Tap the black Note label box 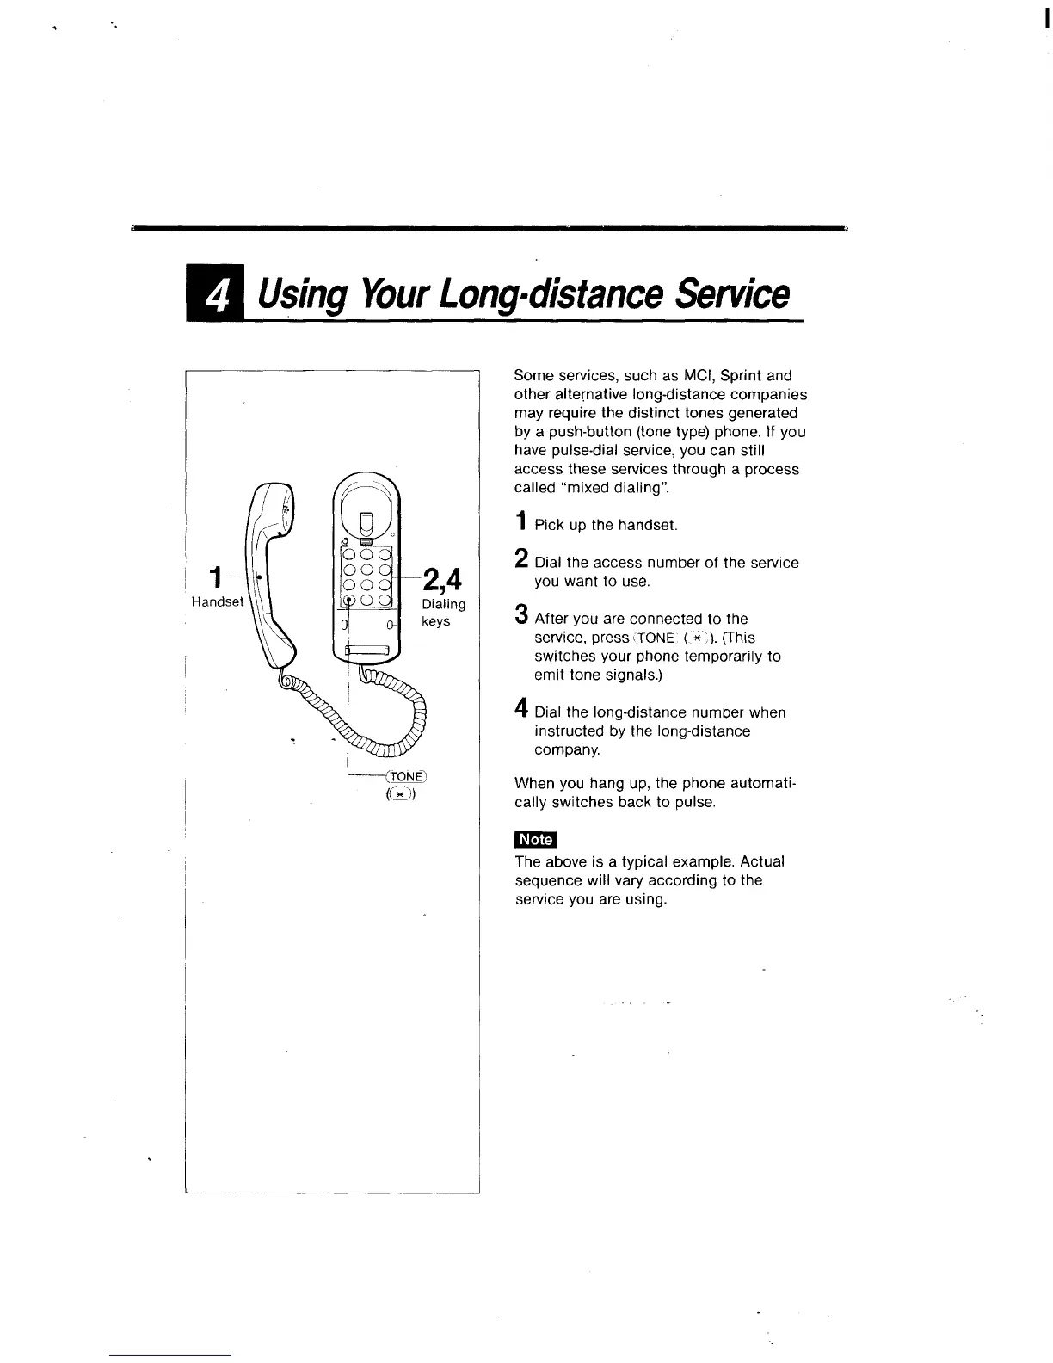point(535,840)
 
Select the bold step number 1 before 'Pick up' point(520,521)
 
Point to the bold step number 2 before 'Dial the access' point(520,558)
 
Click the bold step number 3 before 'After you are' point(520,615)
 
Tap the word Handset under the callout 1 point(218,601)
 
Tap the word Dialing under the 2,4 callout point(443,604)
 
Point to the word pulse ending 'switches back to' point(693,802)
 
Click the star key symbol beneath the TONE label point(402,794)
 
